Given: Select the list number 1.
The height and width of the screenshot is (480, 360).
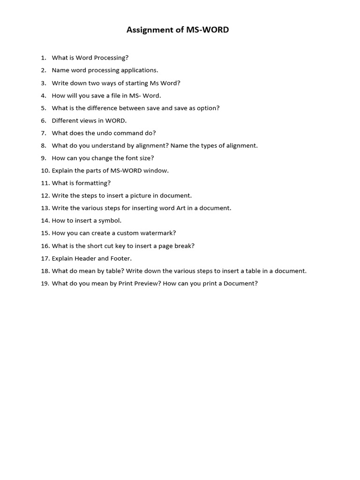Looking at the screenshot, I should pyautogui.click(x=43, y=58).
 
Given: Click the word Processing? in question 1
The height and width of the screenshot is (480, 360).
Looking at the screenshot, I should pyautogui.click(x=111, y=58).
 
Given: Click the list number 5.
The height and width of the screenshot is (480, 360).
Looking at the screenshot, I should pyautogui.click(x=43, y=108).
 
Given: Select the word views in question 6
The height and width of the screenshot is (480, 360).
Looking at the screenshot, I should pyautogui.click(x=88, y=120).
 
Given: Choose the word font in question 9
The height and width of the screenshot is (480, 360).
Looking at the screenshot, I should pyautogui.click(x=123, y=158).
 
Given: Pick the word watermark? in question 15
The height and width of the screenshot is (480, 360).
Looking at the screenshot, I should pyautogui.click(x=159, y=233).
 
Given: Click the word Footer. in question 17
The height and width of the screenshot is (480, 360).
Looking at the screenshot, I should pyautogui.click(x=121, y=258).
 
